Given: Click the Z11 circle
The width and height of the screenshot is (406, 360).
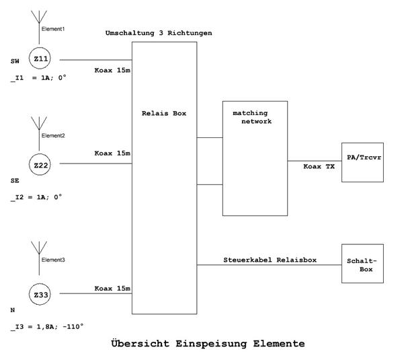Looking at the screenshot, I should (x=41, y=60).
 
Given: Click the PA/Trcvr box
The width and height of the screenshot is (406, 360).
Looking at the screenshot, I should (x=362, y=161).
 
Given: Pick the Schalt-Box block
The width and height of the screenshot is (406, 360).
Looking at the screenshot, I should (x=362, y=264).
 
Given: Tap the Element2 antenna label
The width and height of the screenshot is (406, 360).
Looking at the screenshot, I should (x=54, y=135).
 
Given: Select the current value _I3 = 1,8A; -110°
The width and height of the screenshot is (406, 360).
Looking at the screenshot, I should (x=47, y=326).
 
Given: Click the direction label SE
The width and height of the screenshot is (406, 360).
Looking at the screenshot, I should (x=15, y=181).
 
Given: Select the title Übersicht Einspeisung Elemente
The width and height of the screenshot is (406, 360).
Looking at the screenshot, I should (x=207, y=343).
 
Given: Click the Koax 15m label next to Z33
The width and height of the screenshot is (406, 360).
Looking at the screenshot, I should (x=112, y=288).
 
